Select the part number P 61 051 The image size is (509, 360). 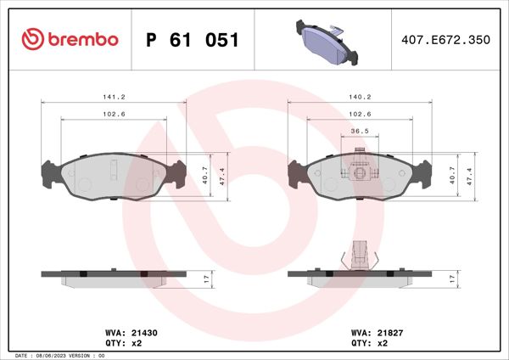[193, 40]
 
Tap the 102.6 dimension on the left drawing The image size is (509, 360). [114, 114]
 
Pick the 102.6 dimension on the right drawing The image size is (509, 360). [361, 114]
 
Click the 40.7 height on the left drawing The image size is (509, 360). [204, 174]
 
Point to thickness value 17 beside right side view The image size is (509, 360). [453, 278]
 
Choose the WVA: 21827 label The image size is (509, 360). [371, 334]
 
